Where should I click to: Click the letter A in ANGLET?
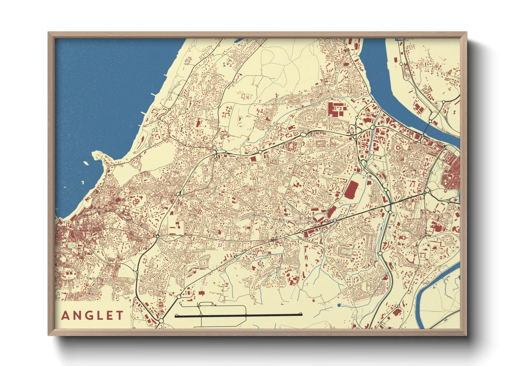tap(65, 315)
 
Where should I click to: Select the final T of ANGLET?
tap(120, 315)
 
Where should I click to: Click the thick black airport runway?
tap(239, 315)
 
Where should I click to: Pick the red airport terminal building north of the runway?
tap(201, 293)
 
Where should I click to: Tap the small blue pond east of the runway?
tap(339, 305)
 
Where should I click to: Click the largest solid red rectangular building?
tap(351, 190)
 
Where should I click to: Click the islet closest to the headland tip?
tap(85, 163)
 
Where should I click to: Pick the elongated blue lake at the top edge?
tap(239, 40)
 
